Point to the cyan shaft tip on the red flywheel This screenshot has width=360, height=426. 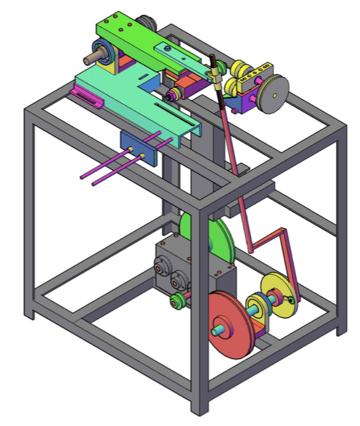click(x=218, y=328)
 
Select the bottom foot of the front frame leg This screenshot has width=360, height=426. click(x=198, y=407)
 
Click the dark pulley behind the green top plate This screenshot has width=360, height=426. click(x=145, y=23)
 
